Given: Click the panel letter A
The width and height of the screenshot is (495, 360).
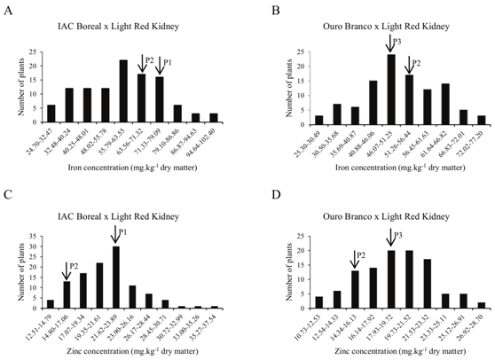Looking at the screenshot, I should [8, 7].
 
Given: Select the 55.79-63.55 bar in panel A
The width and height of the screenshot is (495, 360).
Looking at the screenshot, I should [123, 90].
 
